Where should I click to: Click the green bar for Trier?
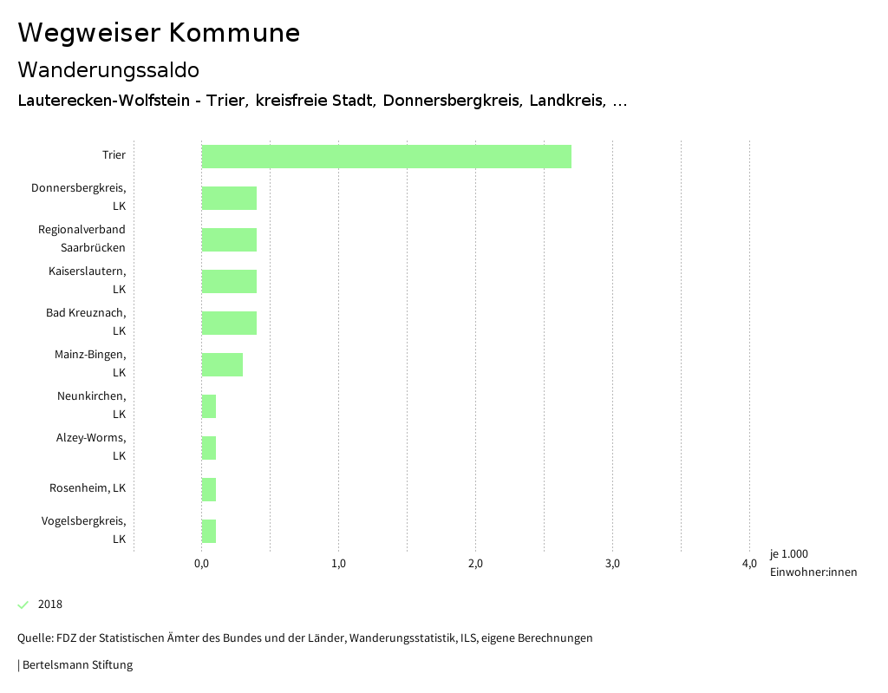pyautogui.click(x=386, y=156)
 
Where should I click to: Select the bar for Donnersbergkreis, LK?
pyautogui.click(x=229, y=198)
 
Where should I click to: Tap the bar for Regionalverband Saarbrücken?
pyautogui.click(x=229, y=239)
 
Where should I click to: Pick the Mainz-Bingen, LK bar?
pyautogui.click(x=222, y=364)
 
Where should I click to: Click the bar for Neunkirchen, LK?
pyautogui.click(x=209, y=406)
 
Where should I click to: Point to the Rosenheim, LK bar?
pyautogui.click(x=209, y=489)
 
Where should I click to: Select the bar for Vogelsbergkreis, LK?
pyautogui.click(x=209, y=531)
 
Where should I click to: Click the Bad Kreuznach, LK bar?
pyautogui.click(x=229, y=323)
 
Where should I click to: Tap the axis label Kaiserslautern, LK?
pyautogui.click(x=87, y=280)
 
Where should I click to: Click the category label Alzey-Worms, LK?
pyautogui.click(x=91, y=447)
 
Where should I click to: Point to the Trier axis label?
pyautogui.click(x=114, y=155)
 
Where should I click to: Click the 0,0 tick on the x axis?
pyautogui.click(x=201, y=564)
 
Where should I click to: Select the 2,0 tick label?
pyautogui.click(x=475, y=564)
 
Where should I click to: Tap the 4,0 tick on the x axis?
pyautogui.click(x=749, y=564)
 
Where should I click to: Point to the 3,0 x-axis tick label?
pyautogui.click(x=612, y=564)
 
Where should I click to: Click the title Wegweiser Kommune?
pyautogui.click(x=159, y=33)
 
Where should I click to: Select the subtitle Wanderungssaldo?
pyautogui.click(x=108, y=69)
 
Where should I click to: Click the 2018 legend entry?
pyautogui.click(x=49, y=605)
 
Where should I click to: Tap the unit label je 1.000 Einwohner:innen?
pyautogui.click(x=813, y=563)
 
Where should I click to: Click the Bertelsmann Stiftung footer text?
pyautogui.click(x=76, y=665)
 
